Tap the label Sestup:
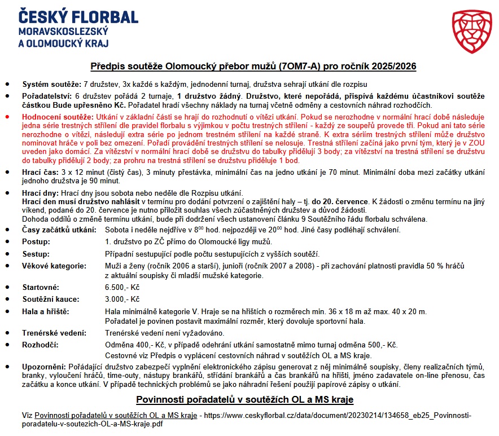point(36,254)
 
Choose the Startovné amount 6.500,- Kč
point(122,288)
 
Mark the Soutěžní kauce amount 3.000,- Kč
point(122,299)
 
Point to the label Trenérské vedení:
point(54,333)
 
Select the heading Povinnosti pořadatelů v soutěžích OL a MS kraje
point(244,400)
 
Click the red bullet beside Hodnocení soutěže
point(7,116)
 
